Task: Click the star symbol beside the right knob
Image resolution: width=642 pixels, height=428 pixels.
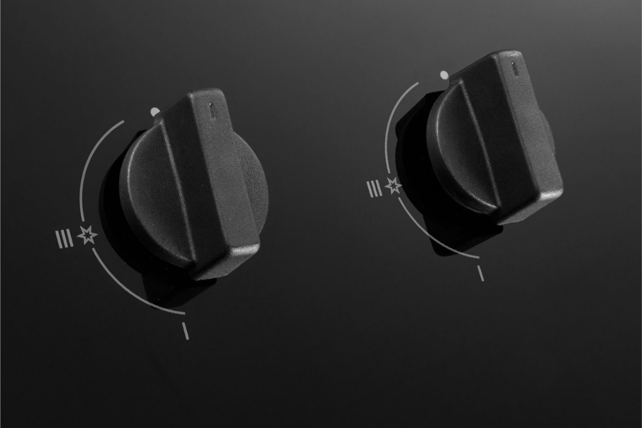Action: [x=393, y=186]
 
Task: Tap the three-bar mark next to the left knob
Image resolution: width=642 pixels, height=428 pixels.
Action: [x=65, y=239]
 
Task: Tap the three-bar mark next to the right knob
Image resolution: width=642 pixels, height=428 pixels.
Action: [x=375, y=189]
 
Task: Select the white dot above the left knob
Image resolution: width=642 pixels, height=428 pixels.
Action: [x=155, y=112]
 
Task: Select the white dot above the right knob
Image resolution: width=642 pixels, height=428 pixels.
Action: [x=444, y=75]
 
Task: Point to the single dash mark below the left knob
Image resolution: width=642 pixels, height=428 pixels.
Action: [x=185, y=331]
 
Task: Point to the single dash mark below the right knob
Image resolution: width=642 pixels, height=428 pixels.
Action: [x=481, y=273]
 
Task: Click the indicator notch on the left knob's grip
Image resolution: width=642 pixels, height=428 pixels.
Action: [x=212, y=110]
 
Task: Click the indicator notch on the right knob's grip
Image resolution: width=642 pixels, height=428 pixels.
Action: [x=514, y=69]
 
